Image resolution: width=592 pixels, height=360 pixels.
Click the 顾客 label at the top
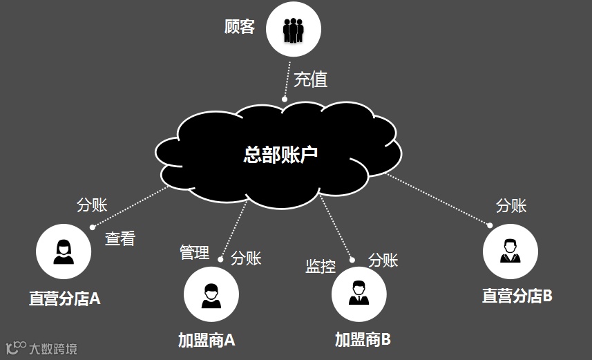[240, 27]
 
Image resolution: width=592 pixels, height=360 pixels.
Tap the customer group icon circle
[294, 29]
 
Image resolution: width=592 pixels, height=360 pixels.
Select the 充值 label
[310, 79]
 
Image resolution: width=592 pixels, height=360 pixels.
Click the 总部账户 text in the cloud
[280, 154]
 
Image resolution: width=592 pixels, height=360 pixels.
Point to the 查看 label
[120, 239]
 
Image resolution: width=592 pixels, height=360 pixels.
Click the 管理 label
[194, 252]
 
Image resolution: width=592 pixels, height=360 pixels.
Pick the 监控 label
[321, 266]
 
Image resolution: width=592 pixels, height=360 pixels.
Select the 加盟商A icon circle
[211, 294]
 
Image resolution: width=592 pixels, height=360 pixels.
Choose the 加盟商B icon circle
[359, 295]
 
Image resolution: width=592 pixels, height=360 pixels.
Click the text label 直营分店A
[64, 299]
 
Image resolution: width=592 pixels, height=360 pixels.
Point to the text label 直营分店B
[517, 296]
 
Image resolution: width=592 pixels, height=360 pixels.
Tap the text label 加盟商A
[207, 340]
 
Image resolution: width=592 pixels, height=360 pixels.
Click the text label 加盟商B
[363, 339]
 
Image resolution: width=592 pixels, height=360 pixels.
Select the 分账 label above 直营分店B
[511, 205]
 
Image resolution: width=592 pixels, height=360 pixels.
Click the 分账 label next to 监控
[383, 260]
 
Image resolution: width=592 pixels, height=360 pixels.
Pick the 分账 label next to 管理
[246, 258]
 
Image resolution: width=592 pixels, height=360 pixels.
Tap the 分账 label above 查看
[92, 205]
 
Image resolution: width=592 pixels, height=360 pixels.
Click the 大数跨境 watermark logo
[41, 348]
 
